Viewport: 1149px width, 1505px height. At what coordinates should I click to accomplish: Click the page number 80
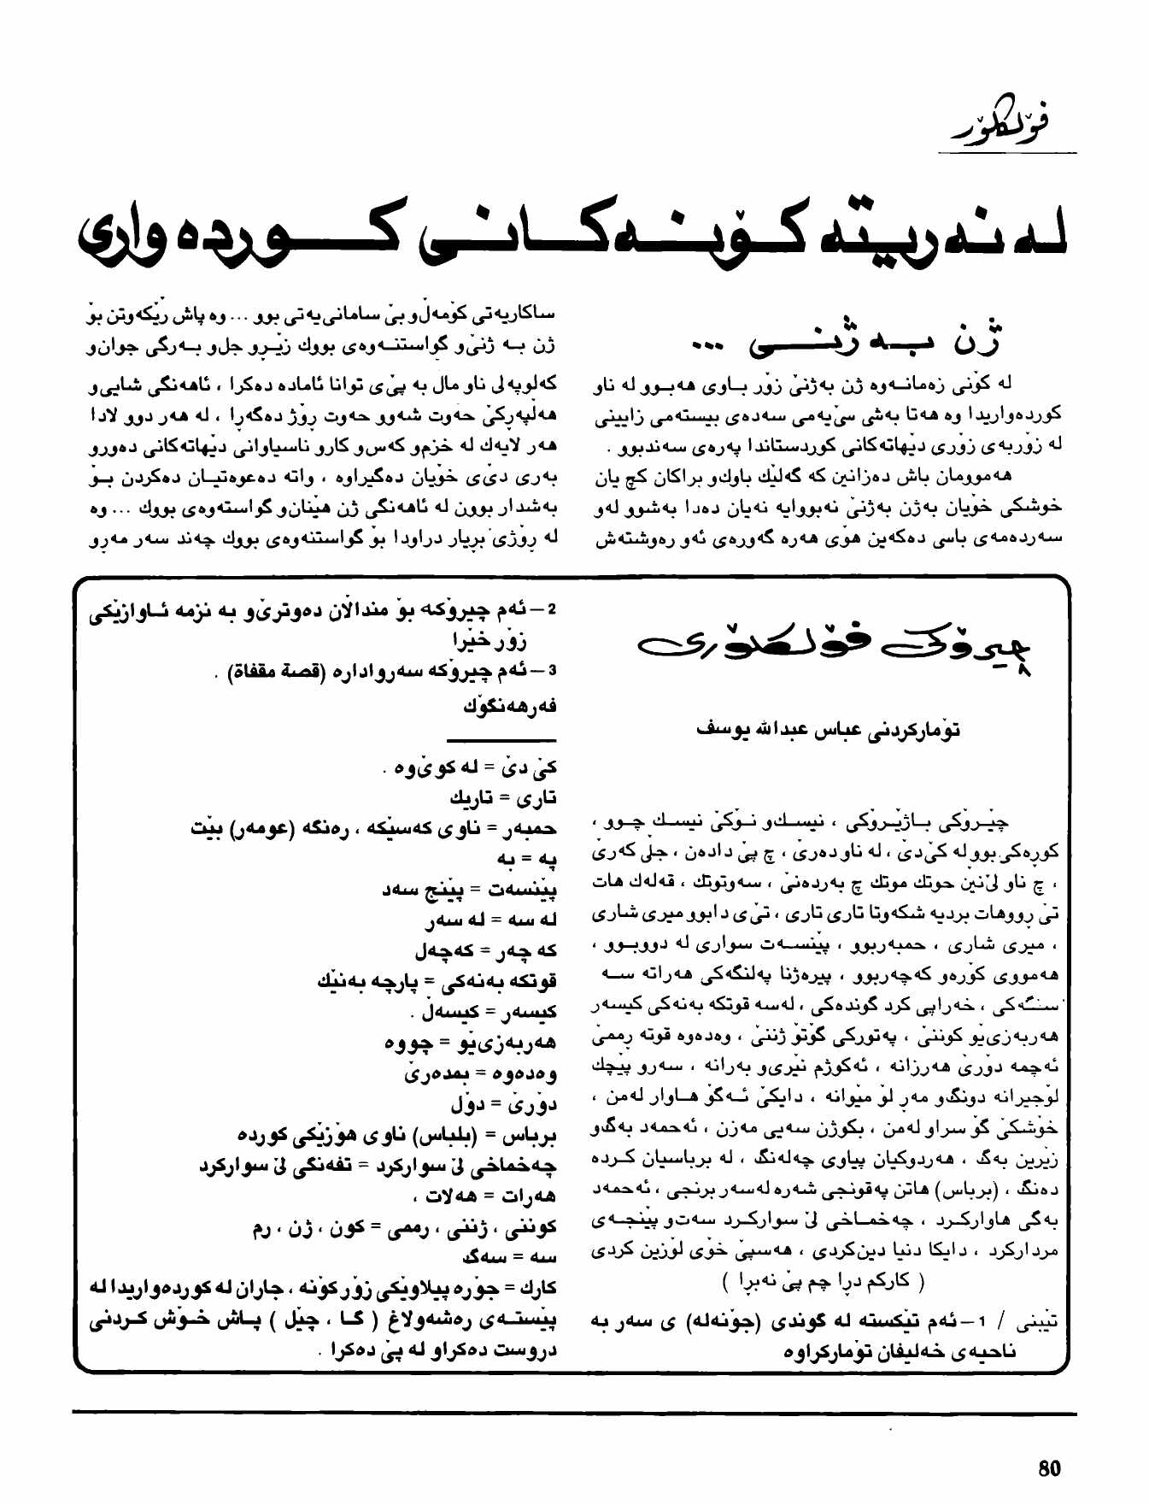pyautogui.click(x=1049, y=1468)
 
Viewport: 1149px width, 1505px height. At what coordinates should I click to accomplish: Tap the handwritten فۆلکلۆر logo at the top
pyautogui.click(x=1003, y=123)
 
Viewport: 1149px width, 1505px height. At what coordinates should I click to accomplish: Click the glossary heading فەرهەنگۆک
pyautogui.click(x=510, y=706)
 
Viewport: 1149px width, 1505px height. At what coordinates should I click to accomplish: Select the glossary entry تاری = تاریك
pyautogui.click(x=503, y=797)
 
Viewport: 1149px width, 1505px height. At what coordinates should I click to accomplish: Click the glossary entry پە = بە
pyautogui.click(x=527, y=858)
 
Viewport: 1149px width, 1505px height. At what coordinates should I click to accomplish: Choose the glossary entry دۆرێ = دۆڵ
pyautogui.click(x=503, y=1104)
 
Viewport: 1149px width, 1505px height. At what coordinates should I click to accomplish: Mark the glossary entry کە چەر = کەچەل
pyautogui.click(x=486, y=950)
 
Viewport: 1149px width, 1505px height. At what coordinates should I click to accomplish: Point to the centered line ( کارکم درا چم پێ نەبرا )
pyautogui.click(x=823, y=1282)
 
